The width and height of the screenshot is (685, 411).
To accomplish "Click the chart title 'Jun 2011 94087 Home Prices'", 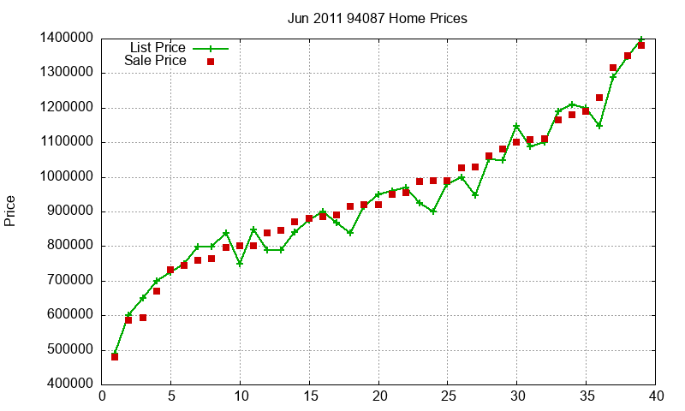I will (378, 18).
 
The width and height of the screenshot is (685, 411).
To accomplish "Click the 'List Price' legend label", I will (158, 47).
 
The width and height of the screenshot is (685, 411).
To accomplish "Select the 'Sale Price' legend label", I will (155, 61).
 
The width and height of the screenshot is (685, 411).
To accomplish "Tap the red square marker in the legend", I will (210, 62).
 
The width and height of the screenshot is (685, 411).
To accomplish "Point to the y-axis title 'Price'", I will (10, 211).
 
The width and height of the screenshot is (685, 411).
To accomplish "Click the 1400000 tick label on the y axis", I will (67, 39).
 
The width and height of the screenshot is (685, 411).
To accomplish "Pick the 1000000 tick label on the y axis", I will (67, 177).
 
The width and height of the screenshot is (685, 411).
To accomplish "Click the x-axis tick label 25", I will (448, 396).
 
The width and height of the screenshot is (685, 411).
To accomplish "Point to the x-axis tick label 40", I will (656, 396).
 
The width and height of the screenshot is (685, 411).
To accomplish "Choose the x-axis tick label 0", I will (102, 396).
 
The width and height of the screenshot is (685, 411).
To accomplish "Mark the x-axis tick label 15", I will (309, 396).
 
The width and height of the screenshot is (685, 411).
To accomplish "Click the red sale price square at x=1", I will (115, 356).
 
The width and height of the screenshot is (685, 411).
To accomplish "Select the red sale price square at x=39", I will (641, 45).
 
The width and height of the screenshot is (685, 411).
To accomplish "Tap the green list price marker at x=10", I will (240, 264).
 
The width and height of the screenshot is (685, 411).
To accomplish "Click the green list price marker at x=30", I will (516, 127).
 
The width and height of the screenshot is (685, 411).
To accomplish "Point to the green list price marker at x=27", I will (475, 195).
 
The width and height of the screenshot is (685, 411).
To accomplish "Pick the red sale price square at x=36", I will (599, 98).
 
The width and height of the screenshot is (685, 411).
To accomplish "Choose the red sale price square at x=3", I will (143, 318).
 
